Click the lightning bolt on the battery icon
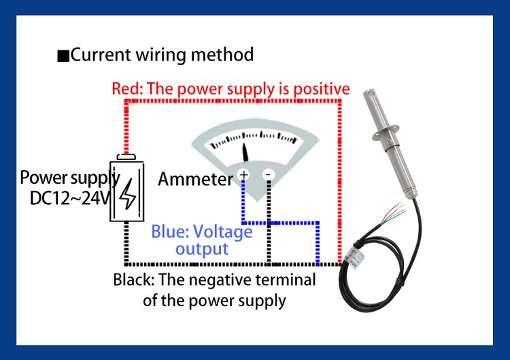(x=127, y=195)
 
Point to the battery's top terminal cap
(x=126, y=157)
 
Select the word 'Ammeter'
(x=196, y=180)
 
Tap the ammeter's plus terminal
(x=243, y=176)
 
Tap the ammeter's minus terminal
(x=268, y=176)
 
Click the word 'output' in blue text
(x=202, y=248)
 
